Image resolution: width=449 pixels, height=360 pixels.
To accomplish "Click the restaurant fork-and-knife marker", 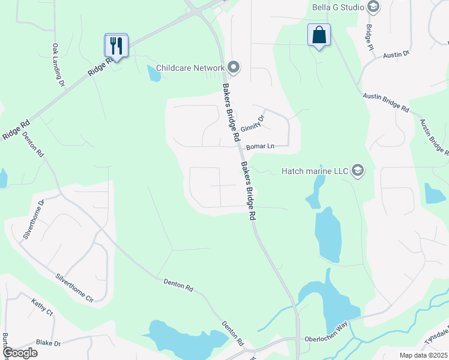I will [x=116, y=45].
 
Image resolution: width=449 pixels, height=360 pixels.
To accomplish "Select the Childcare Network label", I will [x=190, y=68].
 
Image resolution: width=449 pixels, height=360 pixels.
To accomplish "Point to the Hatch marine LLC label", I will [x=315, y=171].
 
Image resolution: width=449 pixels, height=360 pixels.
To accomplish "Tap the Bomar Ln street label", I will [x=259, y=146].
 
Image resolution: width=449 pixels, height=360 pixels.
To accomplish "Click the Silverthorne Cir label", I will [x=75, y=287].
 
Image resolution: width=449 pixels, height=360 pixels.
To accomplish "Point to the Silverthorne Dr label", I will [x=33, y=220].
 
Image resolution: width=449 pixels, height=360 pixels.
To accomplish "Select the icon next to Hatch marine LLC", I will [x=358, y=171].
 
